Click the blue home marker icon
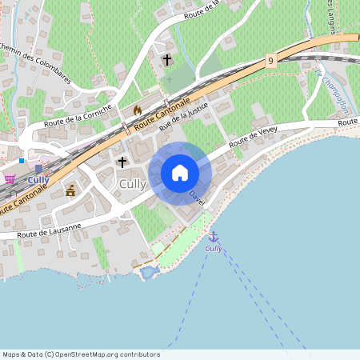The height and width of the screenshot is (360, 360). (x=180, y=173)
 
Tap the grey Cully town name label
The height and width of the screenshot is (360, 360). (x=132, y=184)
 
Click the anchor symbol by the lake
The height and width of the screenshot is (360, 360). (x=214, y=236)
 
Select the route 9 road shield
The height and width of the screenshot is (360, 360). (x=271, y=61)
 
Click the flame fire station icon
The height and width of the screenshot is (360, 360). (x=137, y=110)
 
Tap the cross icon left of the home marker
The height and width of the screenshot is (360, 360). (x=122, y=162)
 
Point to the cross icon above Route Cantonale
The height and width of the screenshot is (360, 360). (x=168, y=60)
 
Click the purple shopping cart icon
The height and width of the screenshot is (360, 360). (x=10, y=178)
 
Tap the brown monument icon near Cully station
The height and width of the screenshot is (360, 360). (x=70, y=190)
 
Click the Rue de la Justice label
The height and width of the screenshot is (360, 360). (x=184, y=114)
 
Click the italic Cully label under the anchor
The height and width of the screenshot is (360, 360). (x=214, y=249)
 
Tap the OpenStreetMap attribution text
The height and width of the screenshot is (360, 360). (x=81, y=354)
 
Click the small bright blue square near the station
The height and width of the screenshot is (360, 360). (x=22, y=161)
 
